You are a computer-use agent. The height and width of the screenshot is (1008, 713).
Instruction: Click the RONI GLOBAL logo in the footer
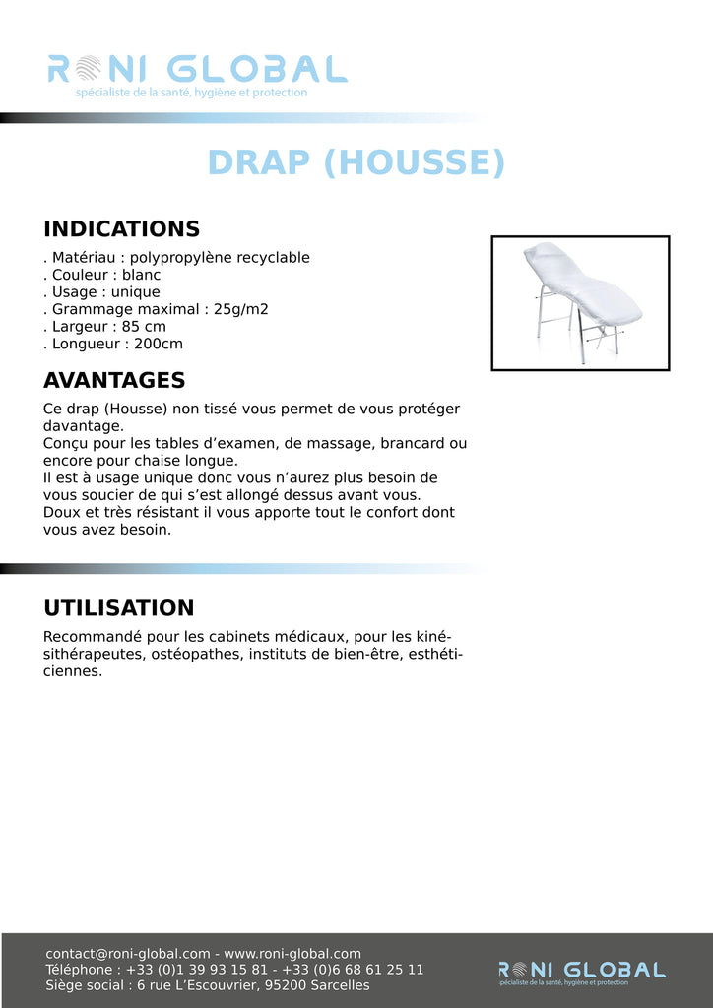(x=581, y=971)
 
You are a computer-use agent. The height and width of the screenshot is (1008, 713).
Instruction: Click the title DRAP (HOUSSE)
(x=356, y=162)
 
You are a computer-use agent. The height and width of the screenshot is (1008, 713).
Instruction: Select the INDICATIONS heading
(x=121, y=229)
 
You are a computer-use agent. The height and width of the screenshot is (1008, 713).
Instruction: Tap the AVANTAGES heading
(x=114, y=380)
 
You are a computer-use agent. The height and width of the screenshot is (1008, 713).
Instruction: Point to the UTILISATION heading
(x=118, y=608)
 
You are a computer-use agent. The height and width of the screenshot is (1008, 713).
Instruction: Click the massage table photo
(x=580, y=302)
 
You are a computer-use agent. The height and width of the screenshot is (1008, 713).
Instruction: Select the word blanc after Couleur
(x=141, y=275)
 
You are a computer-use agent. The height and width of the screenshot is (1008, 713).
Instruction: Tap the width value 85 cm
(x=144, y=327)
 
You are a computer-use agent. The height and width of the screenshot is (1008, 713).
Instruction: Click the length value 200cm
(x=158, y=344)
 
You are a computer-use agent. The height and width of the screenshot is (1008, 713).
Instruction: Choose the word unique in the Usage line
(x=135, y=292)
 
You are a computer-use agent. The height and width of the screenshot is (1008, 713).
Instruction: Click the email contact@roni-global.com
(x=128, y=954)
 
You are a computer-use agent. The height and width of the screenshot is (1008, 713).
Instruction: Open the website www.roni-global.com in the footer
(x=292, y=954)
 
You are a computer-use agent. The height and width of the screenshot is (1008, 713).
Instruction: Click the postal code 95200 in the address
(x=293, y=985)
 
